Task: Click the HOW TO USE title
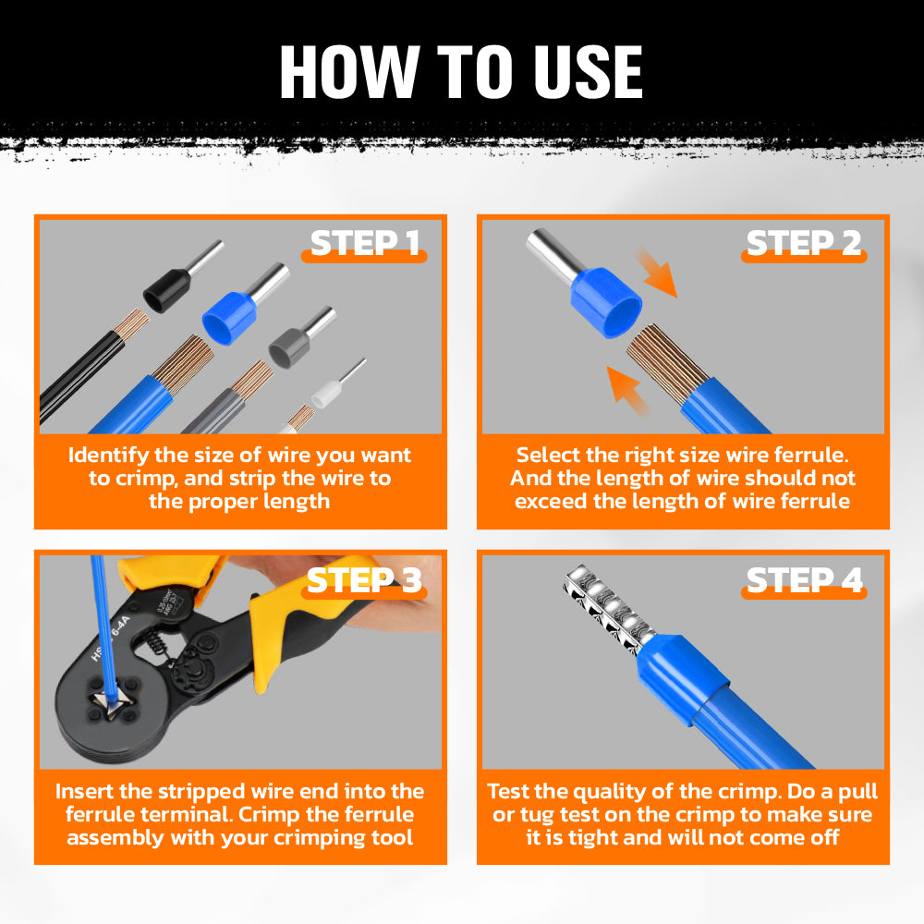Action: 461,72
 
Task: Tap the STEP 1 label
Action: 365,243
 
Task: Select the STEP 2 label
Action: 804,243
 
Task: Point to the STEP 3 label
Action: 365,580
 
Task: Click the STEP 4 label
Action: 805,580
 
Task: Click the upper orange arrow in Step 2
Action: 656,272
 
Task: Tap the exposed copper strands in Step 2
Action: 666,362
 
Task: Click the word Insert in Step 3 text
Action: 84,791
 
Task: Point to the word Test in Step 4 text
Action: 508,791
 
